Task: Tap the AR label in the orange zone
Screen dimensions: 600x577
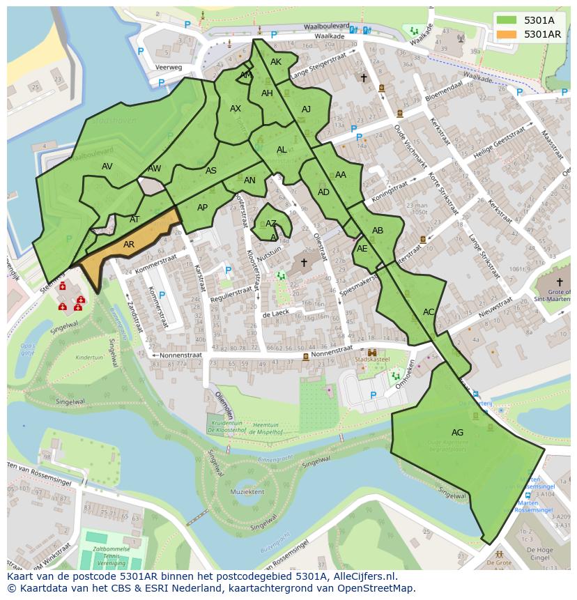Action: click(x=129, y=245)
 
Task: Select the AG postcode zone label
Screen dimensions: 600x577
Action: click(x=457, y=433)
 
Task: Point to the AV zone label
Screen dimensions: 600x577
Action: click(x=107, y=167)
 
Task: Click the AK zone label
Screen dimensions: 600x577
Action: click(x=276, y=62)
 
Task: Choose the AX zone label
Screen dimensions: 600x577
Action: click(x=236, y=109)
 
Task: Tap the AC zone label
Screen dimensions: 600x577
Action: click(x=429, y=312)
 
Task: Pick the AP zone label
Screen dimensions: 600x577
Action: click(x=202, y=208)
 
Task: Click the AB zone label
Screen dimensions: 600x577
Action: click(x=378, y=231)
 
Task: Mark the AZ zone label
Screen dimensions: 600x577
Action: click(x=271, y=224)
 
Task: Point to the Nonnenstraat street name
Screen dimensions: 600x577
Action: click(x=180, y=355)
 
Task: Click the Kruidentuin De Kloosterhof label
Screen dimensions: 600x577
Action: click(x=226, y=427)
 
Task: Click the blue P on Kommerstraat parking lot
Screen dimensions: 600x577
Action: click(x=162, y=295)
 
